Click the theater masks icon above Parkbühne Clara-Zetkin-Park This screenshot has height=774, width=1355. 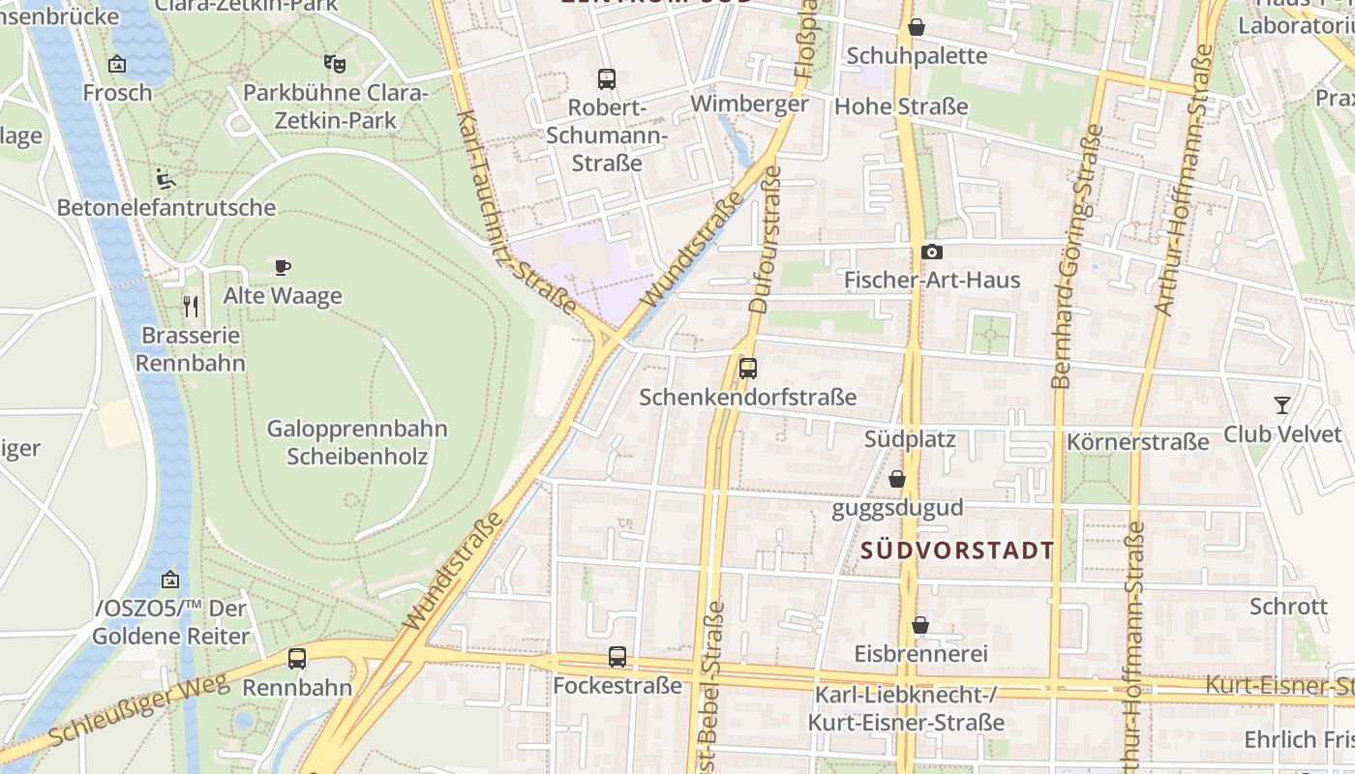coord(335,64)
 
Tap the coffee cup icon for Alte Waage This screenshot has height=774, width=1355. coord(283,267)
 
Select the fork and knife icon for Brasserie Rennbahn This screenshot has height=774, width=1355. coord(191,307)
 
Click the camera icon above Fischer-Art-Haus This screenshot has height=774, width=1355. coord(932,253)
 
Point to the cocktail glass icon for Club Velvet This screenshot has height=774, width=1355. coord(1282,405)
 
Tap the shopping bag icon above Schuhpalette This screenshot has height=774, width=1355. coord(917,28)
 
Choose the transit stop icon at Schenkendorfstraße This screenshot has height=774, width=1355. coord(748,369)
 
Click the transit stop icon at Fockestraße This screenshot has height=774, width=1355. coord(617,658)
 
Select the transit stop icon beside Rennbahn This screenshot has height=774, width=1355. coord(297,659)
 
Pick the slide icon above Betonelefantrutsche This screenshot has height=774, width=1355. coord(166,179)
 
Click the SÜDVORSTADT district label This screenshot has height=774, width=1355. coord(957,551)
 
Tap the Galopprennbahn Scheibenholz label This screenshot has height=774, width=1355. coord(357,442)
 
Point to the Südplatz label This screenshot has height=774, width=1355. coord(910,440)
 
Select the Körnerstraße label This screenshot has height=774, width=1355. coord(1137,442)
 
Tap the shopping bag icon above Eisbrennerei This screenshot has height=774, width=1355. coord(920,626)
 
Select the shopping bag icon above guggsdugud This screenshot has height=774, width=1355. coord(897,479)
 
